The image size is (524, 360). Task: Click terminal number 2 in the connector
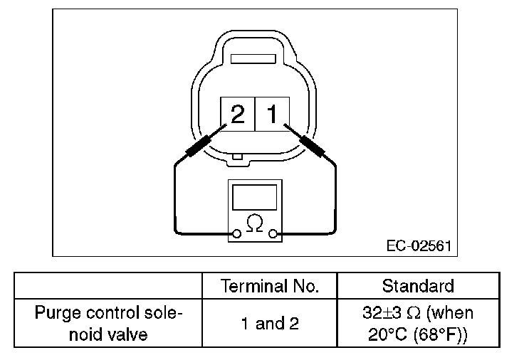(x=238, y=114)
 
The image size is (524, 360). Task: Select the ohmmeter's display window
(x=254, y=196)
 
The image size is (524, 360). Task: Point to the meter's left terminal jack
(x=236, y=233)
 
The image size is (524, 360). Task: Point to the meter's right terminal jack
(x=273, y=233)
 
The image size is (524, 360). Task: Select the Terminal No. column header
(x=270, y=286)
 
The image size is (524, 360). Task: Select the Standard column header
(x=418, y=286)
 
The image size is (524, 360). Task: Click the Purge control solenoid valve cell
(x=108, y=323)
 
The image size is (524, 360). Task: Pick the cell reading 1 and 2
(x=270, y=324)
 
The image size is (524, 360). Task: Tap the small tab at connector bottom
(x=245, y=157)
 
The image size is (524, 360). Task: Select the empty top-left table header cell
(x=108, y=286)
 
